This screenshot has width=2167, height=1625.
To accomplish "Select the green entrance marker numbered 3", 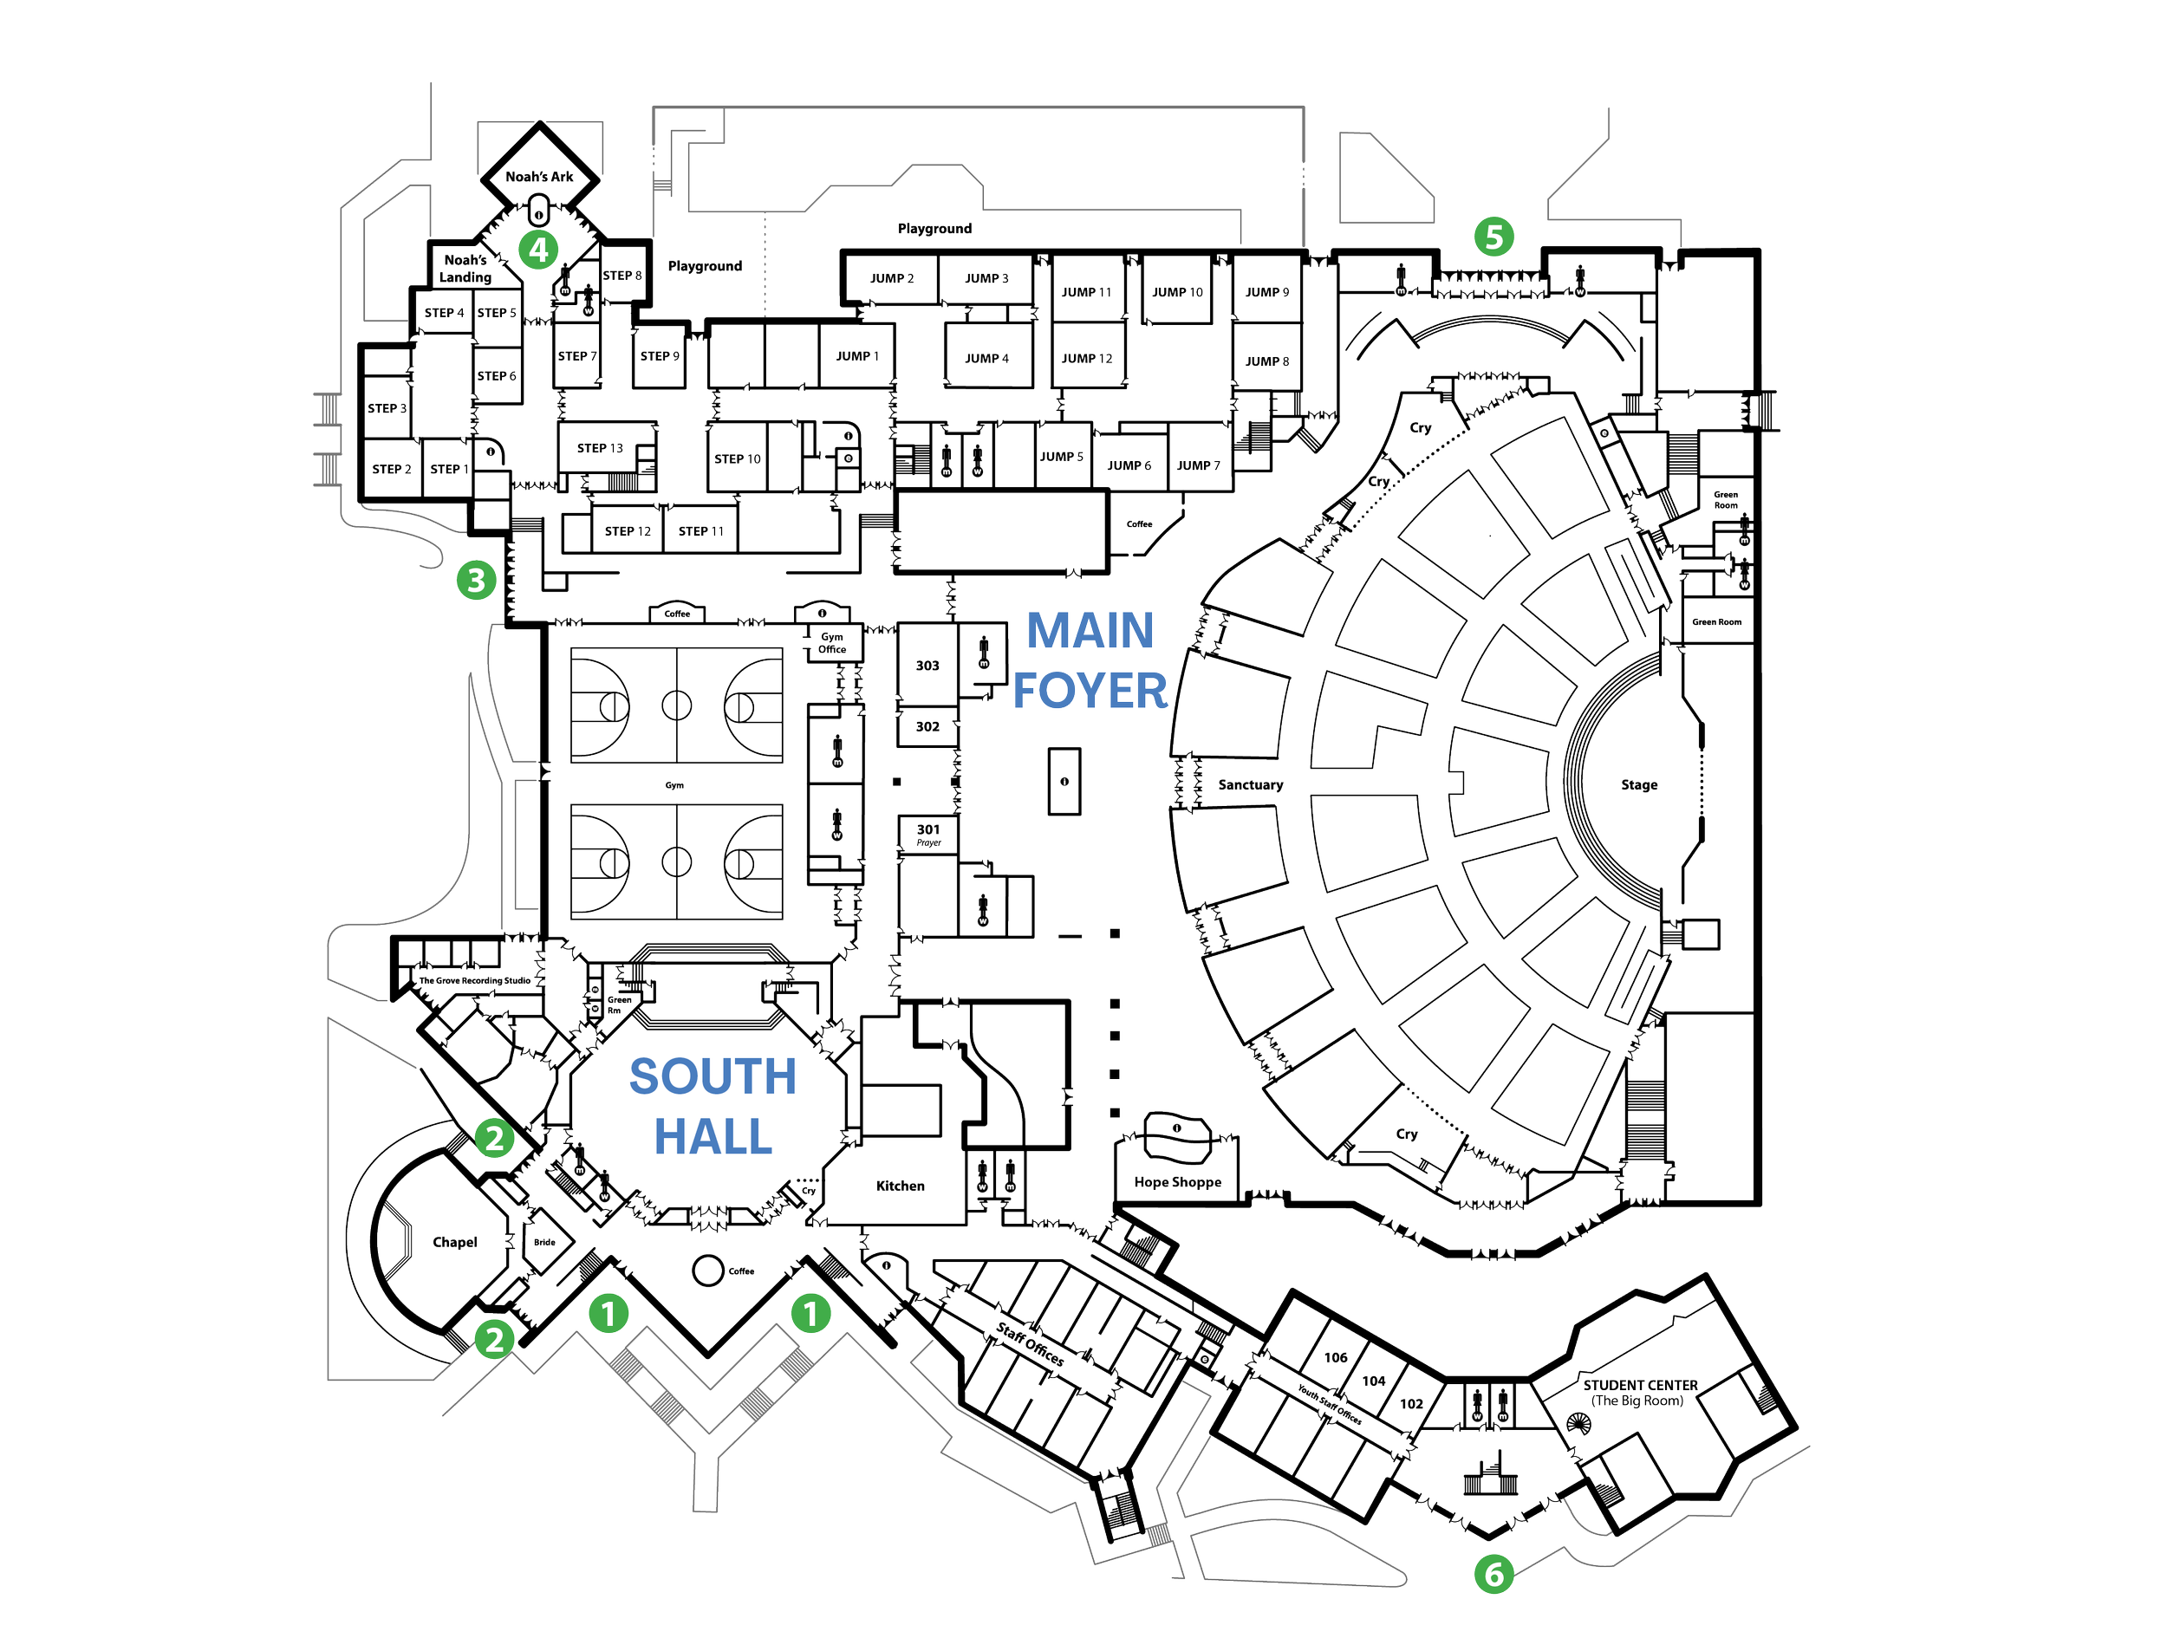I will tap(476, 580).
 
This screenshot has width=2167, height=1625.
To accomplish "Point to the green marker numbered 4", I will tap(537, 250).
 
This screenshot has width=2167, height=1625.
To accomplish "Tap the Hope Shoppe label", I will tap(1176, 1182).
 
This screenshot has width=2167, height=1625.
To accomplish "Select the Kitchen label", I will tap(900, 1186).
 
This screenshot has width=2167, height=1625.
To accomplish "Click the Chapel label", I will tap(454, 1242).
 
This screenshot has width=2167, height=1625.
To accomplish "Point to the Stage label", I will tap(1639, 784).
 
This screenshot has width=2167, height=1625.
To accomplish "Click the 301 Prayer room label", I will tap(927, 835).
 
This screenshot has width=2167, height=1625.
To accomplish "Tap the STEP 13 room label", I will tap(600, 448).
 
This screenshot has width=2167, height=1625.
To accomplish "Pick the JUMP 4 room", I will tap(986, 359).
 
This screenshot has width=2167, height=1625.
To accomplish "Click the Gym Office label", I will tap(832, 642).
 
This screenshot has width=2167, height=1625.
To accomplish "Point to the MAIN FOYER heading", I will tap(1090, 660).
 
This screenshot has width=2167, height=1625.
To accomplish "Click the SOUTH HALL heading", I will tap(713, 1107).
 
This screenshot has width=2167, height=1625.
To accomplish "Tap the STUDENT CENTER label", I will tap(1640, 1392).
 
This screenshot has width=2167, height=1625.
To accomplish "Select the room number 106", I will tap(1335, 1357).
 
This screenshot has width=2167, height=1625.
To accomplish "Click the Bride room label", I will tap(544, 1242).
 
